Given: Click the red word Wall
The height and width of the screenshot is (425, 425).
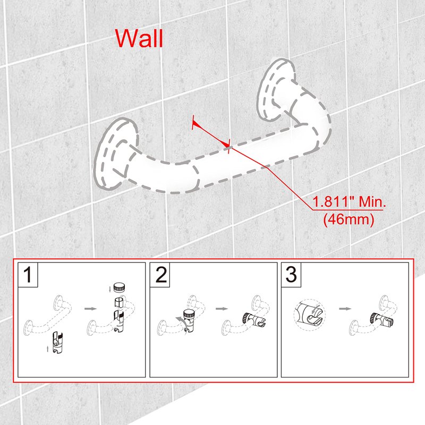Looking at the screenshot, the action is point(139,38).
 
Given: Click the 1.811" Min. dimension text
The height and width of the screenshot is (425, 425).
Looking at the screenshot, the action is point(350,202).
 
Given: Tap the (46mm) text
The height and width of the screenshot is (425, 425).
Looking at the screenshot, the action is point(348,219).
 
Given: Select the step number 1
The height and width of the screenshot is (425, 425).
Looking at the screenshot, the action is point(28,275).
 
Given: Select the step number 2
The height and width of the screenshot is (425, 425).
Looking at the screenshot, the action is point(161,275).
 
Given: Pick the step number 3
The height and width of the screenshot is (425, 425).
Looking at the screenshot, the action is point(291,275).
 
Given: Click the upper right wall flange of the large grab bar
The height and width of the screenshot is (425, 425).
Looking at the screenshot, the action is point(275,89).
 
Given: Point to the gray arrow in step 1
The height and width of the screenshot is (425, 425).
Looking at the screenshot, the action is point(90,309).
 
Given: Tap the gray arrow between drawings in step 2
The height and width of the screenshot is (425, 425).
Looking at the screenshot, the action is point(222,309).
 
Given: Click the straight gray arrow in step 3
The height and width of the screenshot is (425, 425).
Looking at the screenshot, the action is point(345,309).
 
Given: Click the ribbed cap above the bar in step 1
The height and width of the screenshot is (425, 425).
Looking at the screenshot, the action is point(119,287).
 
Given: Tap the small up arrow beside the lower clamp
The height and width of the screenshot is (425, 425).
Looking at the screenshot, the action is point(48,348).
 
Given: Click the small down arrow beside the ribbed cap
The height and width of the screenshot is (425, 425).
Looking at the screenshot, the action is point(109,289).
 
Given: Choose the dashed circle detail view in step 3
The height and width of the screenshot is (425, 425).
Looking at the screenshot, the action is point(309,315).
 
